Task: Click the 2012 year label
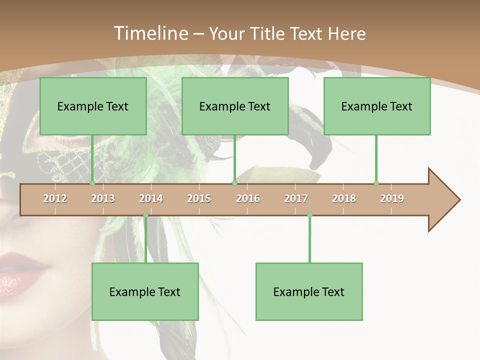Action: tap(55, 198)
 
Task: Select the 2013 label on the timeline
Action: tap(103, 198)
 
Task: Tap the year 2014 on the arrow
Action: tap(151, 198)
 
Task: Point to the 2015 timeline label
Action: tap(199, 198)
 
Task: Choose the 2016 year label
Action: tap(248, 198)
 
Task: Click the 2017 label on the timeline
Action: tap(296, 198)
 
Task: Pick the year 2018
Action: tap(344, 198)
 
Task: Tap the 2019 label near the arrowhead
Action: tap(392, 198)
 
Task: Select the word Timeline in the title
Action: tap(150, 33)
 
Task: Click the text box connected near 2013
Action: tap(93, 106)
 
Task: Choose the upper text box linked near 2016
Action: tap(235, 106)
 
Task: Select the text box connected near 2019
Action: tap(377, 106)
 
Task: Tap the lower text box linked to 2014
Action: tap(145, 291)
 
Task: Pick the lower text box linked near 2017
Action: tap(309, 291)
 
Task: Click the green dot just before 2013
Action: tap(92, 183)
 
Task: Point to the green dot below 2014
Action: tap(145, 215)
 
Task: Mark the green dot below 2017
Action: tap(309, 215)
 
